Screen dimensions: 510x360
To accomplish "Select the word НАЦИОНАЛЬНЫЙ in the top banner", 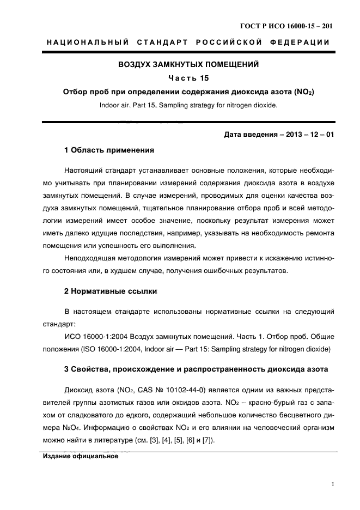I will tap(85, 42).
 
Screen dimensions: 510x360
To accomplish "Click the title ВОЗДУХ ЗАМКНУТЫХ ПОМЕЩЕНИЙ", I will tap(188, 64).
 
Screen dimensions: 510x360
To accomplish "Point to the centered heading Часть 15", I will tap(188, 78).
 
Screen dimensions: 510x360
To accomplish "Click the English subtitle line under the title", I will tap(188, 106).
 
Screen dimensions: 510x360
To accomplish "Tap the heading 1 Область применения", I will tap(109, 149).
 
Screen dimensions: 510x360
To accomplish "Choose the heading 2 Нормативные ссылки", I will tap(111, 292).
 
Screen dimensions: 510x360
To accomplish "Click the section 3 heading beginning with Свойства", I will tap(196, 369).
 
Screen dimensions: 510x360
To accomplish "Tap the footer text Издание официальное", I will tap(81, 456).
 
